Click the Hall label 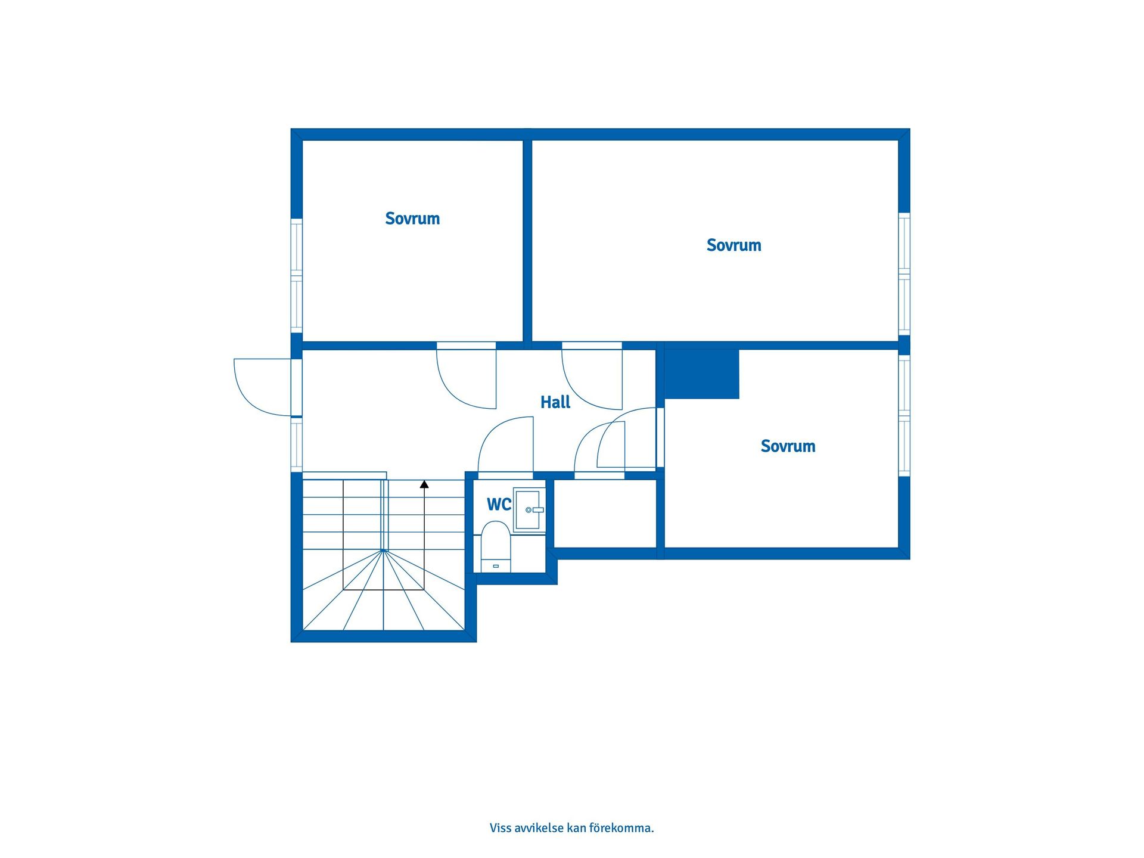coord(555,402)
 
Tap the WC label coord(499,505)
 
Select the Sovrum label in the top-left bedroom coord(412,219)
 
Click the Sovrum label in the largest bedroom coord(733,245)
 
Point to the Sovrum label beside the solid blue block coord(788,446)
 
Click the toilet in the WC coord(496,546)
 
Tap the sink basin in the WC coord(529,509)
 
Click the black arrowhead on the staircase coord(424,484)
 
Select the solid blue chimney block coord(702,374)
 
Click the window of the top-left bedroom coord(297,275)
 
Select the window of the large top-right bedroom coord(904,274)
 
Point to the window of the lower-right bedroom coord(904,415)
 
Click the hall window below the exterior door coord(297,444)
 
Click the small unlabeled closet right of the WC coord(605,514)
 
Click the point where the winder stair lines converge coord(384,551)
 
